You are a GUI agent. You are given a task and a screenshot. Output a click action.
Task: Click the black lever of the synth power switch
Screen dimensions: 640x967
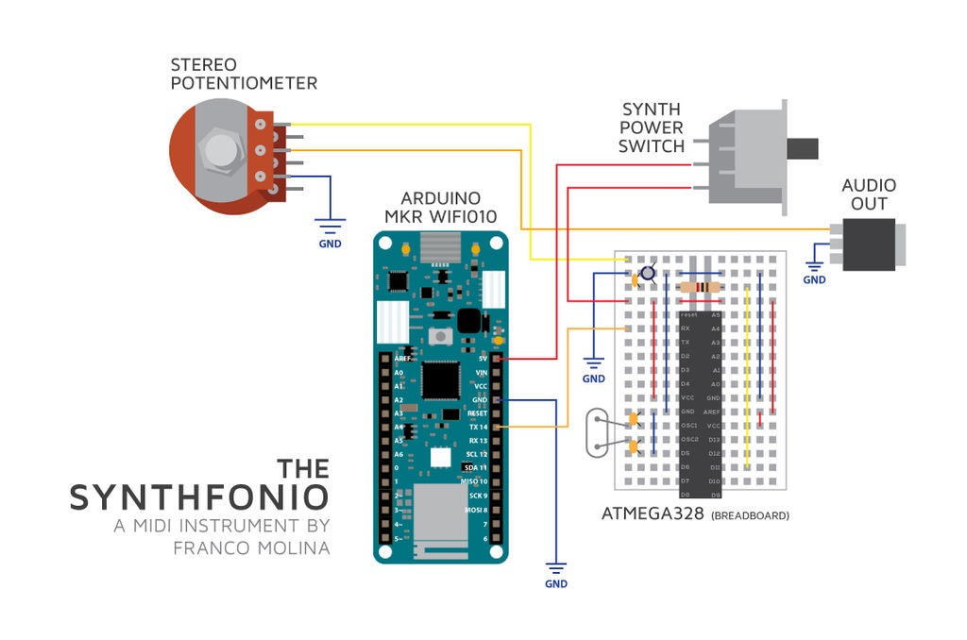(803, 148)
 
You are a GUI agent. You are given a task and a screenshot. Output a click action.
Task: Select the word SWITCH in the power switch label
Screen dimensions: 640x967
(652, 146)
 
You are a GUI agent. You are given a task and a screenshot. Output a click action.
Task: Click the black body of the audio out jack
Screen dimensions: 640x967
(868, 244)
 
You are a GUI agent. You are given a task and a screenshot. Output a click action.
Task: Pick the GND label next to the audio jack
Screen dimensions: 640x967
(814, 279)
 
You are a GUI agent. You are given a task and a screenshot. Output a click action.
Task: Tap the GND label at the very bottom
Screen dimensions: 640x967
(556, 584)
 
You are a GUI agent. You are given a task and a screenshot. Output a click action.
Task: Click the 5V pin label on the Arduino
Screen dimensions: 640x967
(483, 359)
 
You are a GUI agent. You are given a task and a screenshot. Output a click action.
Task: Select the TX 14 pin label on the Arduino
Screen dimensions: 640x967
(478, 428)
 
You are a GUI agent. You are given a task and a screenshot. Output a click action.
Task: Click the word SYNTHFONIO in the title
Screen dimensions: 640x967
(199, 497)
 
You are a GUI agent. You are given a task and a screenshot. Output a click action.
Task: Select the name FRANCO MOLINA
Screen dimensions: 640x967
(252, 547)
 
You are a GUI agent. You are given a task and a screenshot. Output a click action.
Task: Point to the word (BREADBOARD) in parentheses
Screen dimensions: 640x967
(750, 516)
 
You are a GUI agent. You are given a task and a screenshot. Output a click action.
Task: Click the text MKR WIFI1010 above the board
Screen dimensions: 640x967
(441, 216)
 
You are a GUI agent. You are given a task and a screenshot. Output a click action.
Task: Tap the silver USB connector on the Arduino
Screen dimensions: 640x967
(441, 246)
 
